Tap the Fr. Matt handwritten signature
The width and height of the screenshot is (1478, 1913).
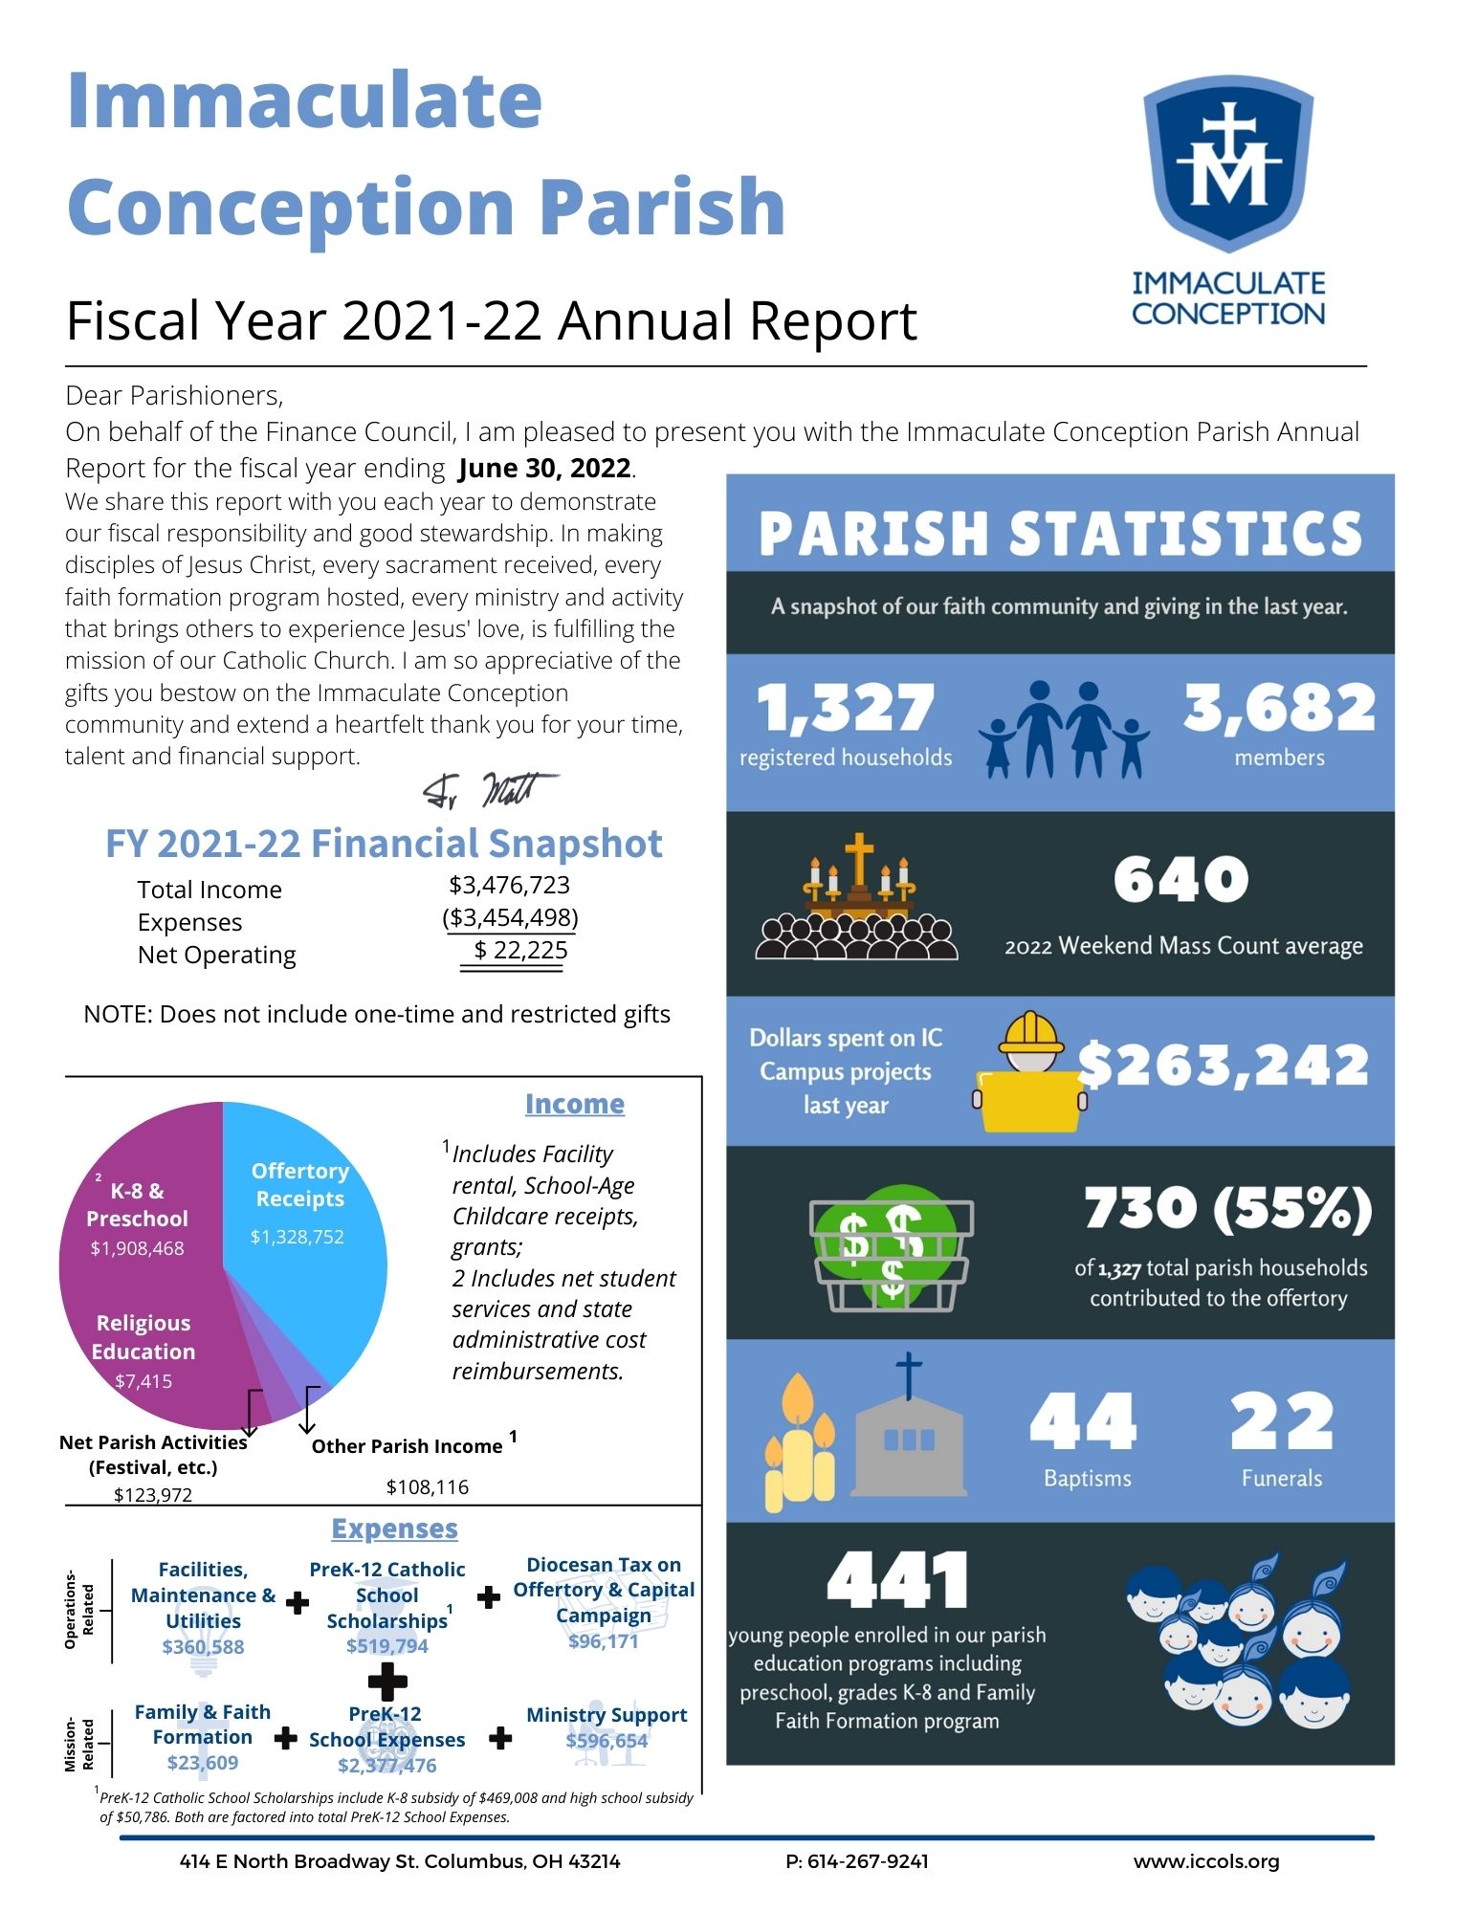point(490,789)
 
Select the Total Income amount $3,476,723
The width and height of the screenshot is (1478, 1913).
point(509,885)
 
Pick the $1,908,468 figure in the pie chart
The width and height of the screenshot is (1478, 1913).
point(137,1248)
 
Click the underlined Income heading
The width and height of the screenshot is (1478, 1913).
point(574,1104)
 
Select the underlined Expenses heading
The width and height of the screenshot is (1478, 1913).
point(394,1528)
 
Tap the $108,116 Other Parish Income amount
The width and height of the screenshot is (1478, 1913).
point(427,1486)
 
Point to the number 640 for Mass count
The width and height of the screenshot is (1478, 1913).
point(1180,879)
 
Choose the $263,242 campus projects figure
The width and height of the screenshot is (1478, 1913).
point(1224,1066)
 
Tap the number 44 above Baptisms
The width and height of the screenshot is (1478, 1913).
point(1083,1420)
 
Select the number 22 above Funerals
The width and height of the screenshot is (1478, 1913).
point(1281,1420)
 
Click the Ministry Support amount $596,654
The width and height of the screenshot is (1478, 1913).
point(607,1741)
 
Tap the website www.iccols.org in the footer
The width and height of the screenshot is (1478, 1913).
point(1206,1861)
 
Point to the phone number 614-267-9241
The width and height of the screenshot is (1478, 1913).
point(867,1861)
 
